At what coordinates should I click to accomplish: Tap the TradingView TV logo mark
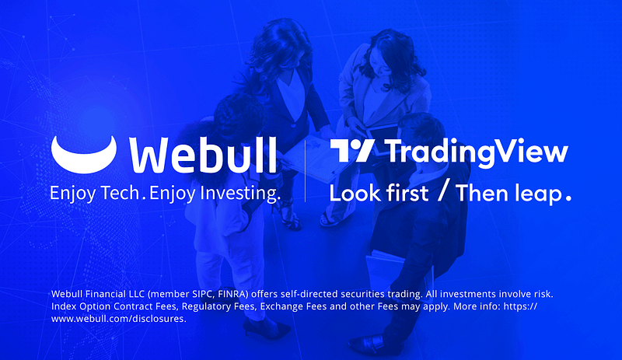coord(353,152)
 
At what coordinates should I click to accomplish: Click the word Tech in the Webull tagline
coord(120,192)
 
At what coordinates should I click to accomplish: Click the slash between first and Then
coord(442,192)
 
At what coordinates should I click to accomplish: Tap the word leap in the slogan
coord(537,193)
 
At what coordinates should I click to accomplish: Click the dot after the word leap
coord(568,198)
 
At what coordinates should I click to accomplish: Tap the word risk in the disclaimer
coord(540,295)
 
